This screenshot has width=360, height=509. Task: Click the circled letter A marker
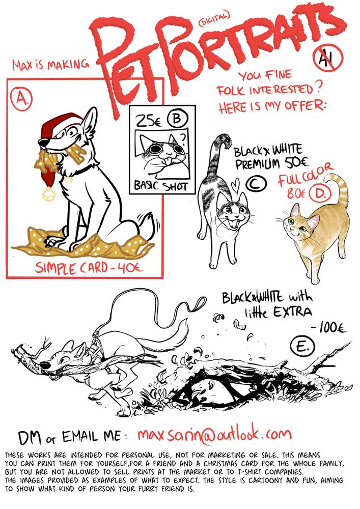pyautogui.click(x=21, y=98)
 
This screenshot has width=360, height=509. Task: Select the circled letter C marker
pyautogui.click(x=256, y=184)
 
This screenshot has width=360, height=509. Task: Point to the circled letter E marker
pyautogui.click(x=302, y=346)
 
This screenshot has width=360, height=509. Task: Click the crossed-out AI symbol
pyautogui.click(x=328, y=58)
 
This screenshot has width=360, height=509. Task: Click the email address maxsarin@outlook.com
pyautogui.click(x=214, y=434)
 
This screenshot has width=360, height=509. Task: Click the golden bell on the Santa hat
pyautogui.click(x=49, y=194)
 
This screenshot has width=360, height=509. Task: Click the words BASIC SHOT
pyautogui.click(x=161, y=186)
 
